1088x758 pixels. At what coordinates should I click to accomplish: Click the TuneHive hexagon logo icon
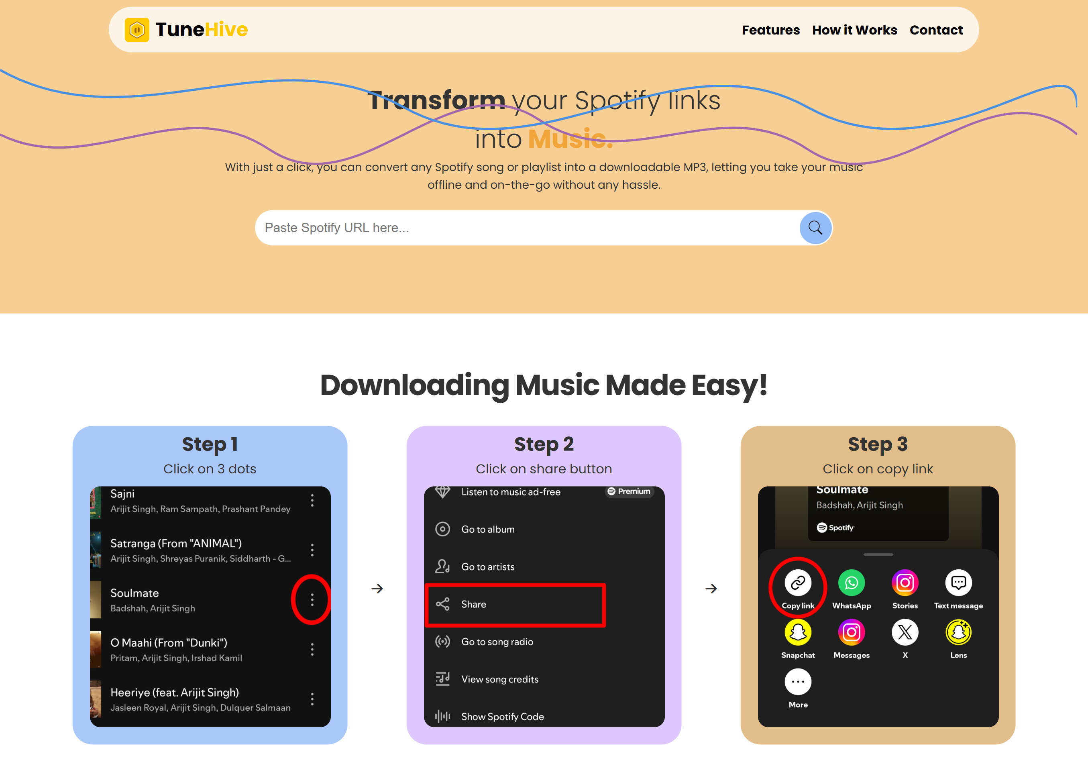click(x=137, y=30)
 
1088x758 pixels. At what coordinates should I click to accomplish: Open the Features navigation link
click(x=770, y=30)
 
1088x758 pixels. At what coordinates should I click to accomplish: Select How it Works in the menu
click(x=854, y=30)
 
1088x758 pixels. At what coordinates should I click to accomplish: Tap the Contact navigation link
click(x=936, y=30)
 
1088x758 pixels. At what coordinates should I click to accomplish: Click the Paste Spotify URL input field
click(x=526, y=228)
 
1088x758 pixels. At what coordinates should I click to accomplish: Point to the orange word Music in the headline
click(x=570, y=139)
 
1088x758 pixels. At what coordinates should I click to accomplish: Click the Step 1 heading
click(x=210, y=444)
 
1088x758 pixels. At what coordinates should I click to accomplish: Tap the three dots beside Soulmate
click(x=312, y=600)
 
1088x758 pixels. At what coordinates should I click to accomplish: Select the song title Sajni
click(x=122, y=494)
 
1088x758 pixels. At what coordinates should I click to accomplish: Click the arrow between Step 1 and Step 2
click(x=377, y=589)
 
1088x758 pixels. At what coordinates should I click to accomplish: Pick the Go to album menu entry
click(x=488, y=529)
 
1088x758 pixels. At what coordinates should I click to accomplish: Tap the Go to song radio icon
click(x=442, y=642)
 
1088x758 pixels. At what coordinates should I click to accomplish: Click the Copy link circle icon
click(x=798, y=583)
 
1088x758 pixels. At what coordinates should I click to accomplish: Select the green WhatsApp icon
click(x=852, y=583)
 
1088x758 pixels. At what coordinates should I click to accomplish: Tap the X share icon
click(x=905, y=632)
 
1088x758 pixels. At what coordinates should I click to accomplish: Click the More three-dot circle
click(x=798, y=682)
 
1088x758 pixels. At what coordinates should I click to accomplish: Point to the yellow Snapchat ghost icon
click(x=798, y=632)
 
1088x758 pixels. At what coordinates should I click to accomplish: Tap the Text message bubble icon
click(x=958, y=583)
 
